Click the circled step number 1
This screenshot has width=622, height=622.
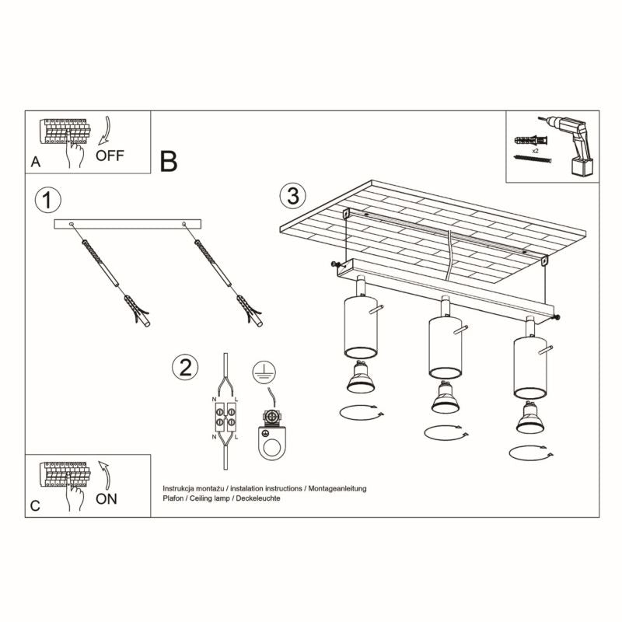coord(47,200)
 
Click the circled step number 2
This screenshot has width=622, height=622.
coord(184,367)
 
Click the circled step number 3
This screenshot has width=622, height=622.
coord(292,196)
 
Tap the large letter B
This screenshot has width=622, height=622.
coord(169,161)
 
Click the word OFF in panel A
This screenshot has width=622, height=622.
coord(110,155)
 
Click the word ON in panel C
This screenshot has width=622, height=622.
coord(107,498)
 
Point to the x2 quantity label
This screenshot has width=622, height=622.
coord(536,147)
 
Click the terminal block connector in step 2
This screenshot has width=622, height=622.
coord(225,417)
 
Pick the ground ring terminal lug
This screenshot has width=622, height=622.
coord(273,439)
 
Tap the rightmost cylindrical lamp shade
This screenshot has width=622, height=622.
coord(528,367)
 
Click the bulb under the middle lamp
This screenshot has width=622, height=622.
coord(444,400)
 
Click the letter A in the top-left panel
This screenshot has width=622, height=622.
coord(35,162)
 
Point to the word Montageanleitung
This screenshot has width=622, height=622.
coord(337,487)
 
